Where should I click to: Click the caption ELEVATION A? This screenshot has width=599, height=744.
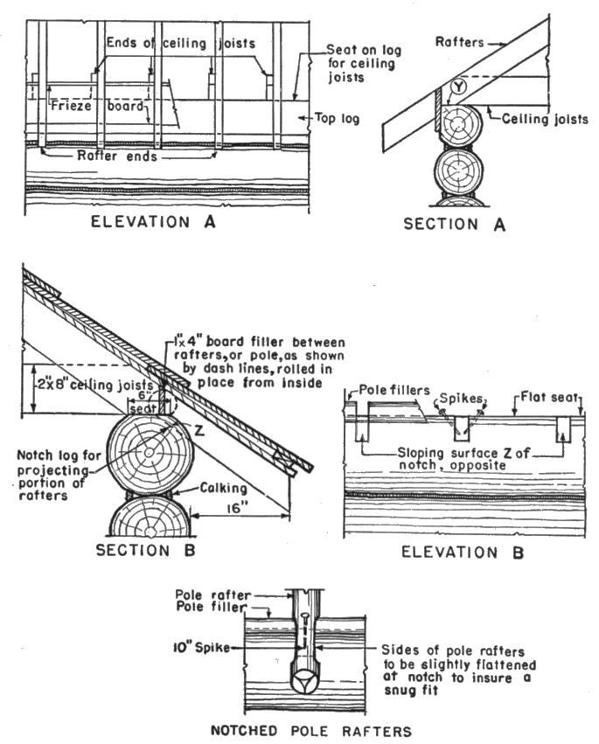(154, 222)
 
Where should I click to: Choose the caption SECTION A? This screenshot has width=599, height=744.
(455, 224)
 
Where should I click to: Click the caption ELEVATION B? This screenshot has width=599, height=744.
(460, 553)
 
